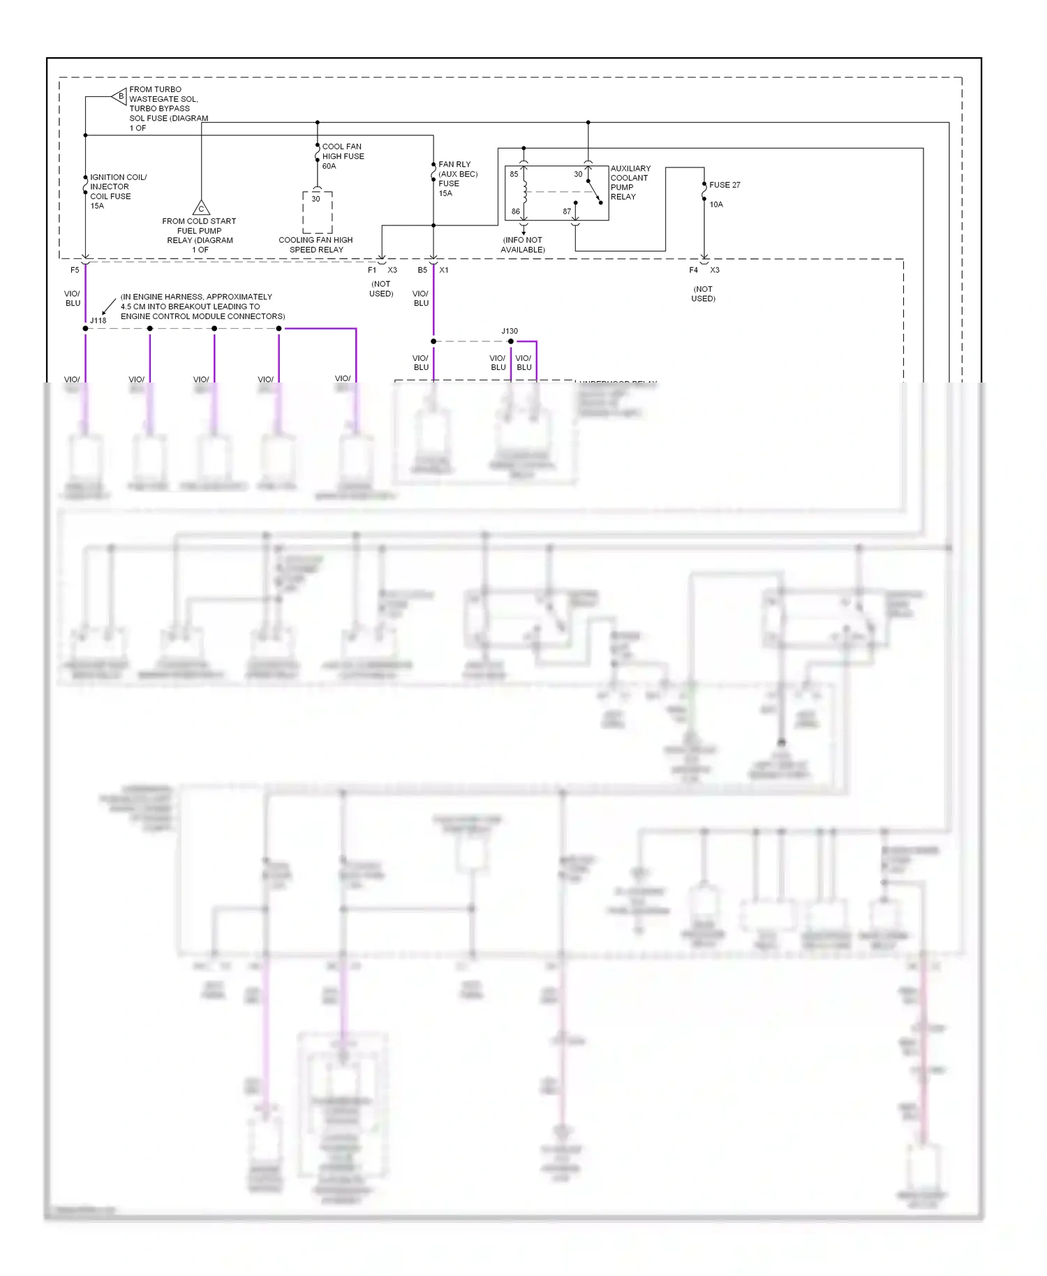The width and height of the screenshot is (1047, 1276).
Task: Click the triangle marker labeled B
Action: click(x=119, y=96)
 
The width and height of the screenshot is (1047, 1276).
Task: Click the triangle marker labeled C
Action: click(x=201, y=208)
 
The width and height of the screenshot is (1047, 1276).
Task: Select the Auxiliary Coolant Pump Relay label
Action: click(x=630, y=183)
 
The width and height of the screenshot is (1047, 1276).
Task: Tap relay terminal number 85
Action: click(x=514, y=175)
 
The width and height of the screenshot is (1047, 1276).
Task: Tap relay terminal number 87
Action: click(x=567, y=212)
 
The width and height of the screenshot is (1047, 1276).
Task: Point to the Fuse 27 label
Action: click(x=725, y=185)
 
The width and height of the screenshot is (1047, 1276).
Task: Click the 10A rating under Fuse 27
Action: click(x=716, y=205)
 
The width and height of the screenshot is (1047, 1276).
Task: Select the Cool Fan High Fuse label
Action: click(x=342, y=156)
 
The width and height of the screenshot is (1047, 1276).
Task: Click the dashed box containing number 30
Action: click(x=317, y=212)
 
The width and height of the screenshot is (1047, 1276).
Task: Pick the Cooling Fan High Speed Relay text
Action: click(x=315, y=245)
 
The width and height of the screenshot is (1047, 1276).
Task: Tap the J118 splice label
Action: click(x=98, y=320)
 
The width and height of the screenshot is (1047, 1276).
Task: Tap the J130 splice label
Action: click(x=510, y=331)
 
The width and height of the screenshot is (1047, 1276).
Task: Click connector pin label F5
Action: click(x=75, y=270)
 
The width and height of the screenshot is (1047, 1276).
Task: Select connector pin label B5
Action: click(x=422, y=270)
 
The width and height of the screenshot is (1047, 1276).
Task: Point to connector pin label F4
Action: click(x=693, y=270)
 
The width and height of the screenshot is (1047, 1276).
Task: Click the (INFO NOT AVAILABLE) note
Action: click(x=523, y=245)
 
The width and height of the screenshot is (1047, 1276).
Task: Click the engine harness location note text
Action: click(x=202, y=306)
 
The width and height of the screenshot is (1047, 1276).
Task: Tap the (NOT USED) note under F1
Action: click(x=381, y=289)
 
